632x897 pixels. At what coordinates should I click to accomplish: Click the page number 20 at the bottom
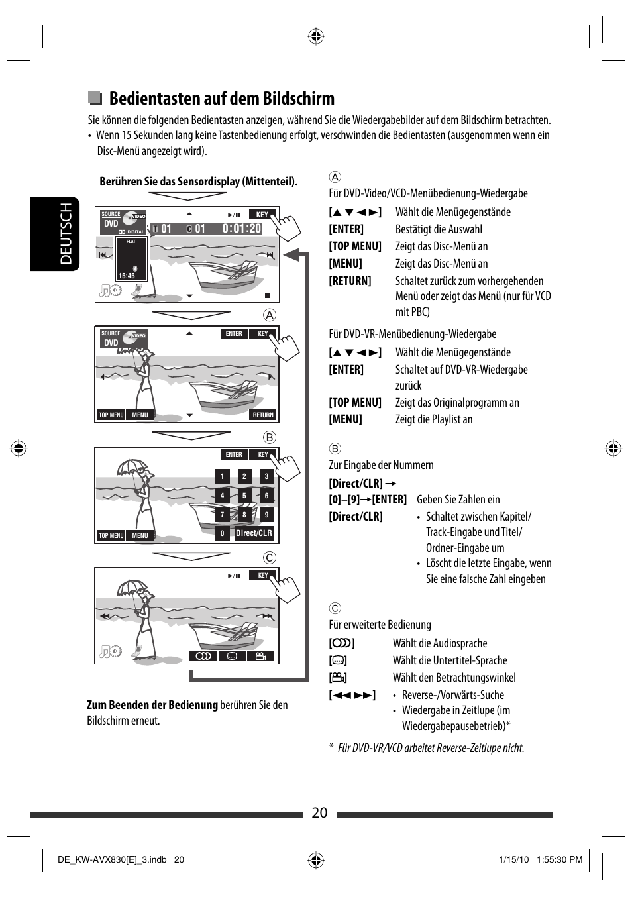pyautogui.click(x=319, y=813)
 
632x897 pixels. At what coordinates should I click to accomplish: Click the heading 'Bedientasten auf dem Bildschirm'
pyautogui.click(x=221, y=99)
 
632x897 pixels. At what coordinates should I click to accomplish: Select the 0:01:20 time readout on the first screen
pyautogui.click(x=242, y=229)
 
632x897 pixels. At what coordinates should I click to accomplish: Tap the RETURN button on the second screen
pyautogui.click(x=263, y=415)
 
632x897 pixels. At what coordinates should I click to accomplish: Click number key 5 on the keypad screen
pyautogui.click(x=244, y=496)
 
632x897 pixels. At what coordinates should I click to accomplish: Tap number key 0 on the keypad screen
pyautogui.click(x=223, y=533)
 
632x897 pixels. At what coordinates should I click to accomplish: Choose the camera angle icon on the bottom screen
pyautogui.click(x=261, y=656)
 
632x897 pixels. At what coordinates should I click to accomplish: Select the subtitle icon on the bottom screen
pyautogui.click(x=232, y=656)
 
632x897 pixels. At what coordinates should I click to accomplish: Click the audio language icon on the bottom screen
pyautogui.click(x=203, y=656)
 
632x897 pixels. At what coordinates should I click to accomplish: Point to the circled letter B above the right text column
pyautogui.click(x=335, y=448)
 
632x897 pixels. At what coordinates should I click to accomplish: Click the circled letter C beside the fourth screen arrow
pyautogui.click(x=270, y=558)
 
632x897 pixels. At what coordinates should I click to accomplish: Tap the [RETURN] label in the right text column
pyautogui.click(x=350, y=281)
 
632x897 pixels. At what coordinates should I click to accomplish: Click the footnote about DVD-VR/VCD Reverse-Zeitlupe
pyautogui.click(x=431, y=748)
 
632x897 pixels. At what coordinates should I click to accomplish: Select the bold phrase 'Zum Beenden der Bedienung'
pyautogui.click(x=152, y=705)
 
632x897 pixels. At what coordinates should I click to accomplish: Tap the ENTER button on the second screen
pyautogui.click(x=234, y=334)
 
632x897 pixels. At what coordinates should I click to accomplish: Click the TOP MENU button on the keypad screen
pyautogui.click(x=111, y=536)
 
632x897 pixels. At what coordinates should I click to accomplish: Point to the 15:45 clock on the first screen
pyautogui.click(x=127, y=276)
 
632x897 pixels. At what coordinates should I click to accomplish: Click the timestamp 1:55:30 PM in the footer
pyautogui.click(x=559, y=859)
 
